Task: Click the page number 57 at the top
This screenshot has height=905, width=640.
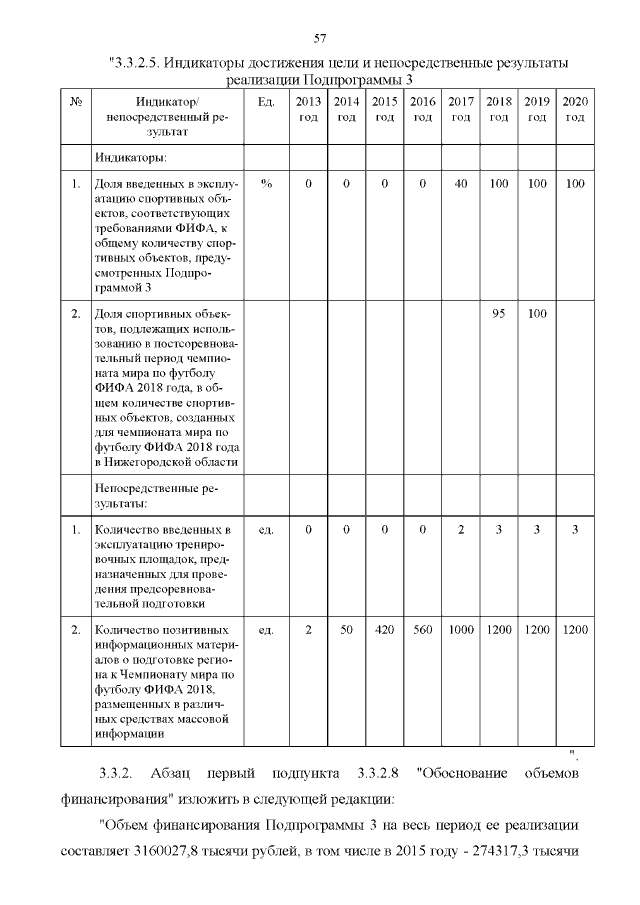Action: (320, 39)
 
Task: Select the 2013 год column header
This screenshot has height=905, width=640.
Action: (309, 110)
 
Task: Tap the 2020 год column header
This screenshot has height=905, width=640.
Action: (575, 110)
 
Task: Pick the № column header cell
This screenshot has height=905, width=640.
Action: (76, 103)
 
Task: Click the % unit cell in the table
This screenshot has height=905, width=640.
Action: (266, 184)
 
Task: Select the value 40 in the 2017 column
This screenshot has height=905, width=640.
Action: (461, 184)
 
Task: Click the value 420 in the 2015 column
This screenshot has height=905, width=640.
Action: (384, 630)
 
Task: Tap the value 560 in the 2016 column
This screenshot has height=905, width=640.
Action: (423, 630)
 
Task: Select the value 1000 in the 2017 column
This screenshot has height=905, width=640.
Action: (461, 630)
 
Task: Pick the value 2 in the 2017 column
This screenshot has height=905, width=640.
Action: (461, 529)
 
